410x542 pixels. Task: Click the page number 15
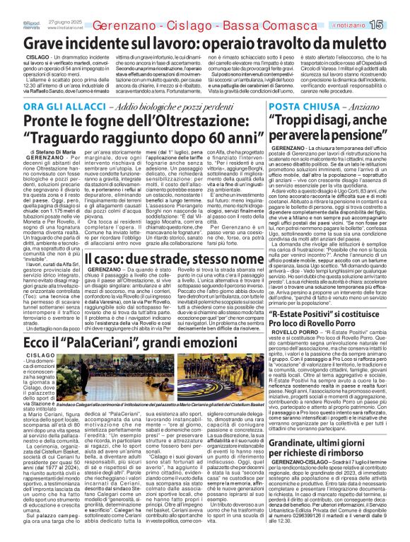pos(396,6)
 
